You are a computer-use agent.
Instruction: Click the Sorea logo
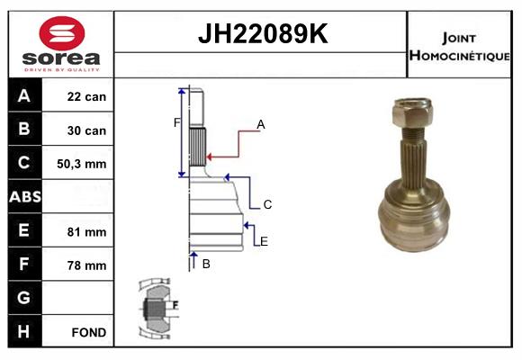[61, 44]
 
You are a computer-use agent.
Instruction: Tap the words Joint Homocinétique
[460, 45]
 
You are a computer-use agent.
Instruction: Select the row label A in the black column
[24, 96]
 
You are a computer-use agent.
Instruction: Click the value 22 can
[87, 96]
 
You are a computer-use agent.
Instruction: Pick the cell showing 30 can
[87, 130]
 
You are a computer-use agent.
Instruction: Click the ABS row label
[24, 197]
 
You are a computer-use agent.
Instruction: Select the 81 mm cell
[87, 231]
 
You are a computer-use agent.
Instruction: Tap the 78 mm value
[87, 265]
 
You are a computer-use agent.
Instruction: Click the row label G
[24, 298]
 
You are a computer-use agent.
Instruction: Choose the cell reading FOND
[87, 332]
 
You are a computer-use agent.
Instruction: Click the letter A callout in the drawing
[261, 124]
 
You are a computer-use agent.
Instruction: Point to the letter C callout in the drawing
[267, 204]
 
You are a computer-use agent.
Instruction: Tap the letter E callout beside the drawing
[264, 240]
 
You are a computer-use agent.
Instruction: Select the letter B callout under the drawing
[206, 264]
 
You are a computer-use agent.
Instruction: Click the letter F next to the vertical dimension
[176, 122]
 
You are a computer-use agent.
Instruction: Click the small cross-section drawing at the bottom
[157, 309]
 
